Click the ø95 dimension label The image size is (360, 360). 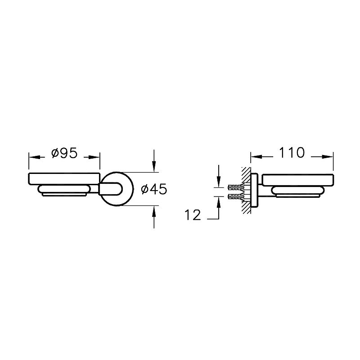click(x=64, y=153)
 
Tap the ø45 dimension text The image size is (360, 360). click(x=154, y=189)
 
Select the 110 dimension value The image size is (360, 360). click(x=292, y=152)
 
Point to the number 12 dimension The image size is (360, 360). click(x=193, y=215)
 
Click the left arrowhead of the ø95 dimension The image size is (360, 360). click(x=33, y=157)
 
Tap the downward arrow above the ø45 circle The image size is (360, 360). click(x=154, y=161)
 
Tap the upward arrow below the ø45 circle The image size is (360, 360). click(x=154, y=217)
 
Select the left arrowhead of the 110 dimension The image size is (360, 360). click(x=256, y=156)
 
